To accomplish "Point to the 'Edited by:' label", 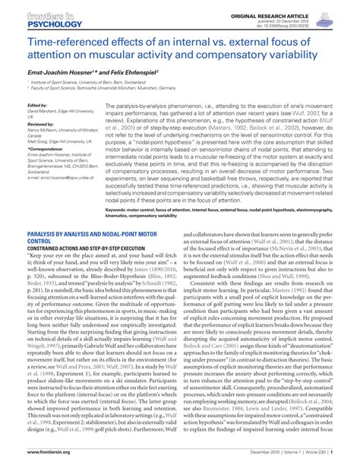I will click(38, 106).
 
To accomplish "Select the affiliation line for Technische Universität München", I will click(122, 90).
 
